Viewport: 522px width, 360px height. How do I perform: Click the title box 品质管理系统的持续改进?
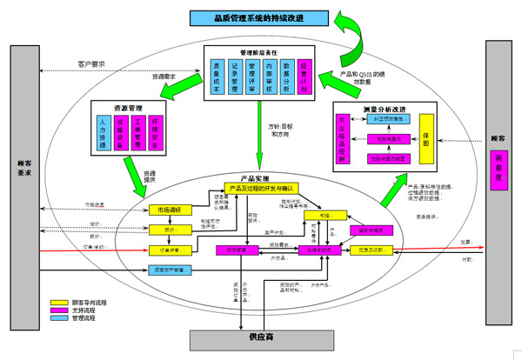pyautogui.click(x=258, y=18)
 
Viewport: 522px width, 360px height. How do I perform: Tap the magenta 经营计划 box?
pyautogui.click(x=304, y=77)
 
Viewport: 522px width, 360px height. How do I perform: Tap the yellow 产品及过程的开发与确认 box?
pyautogui.click(x=261, y=188)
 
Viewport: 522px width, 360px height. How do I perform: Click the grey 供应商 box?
pyautogui.click(x=257, y=336)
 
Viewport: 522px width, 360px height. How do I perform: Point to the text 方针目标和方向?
pyautogui.click(x=279, y=130)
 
